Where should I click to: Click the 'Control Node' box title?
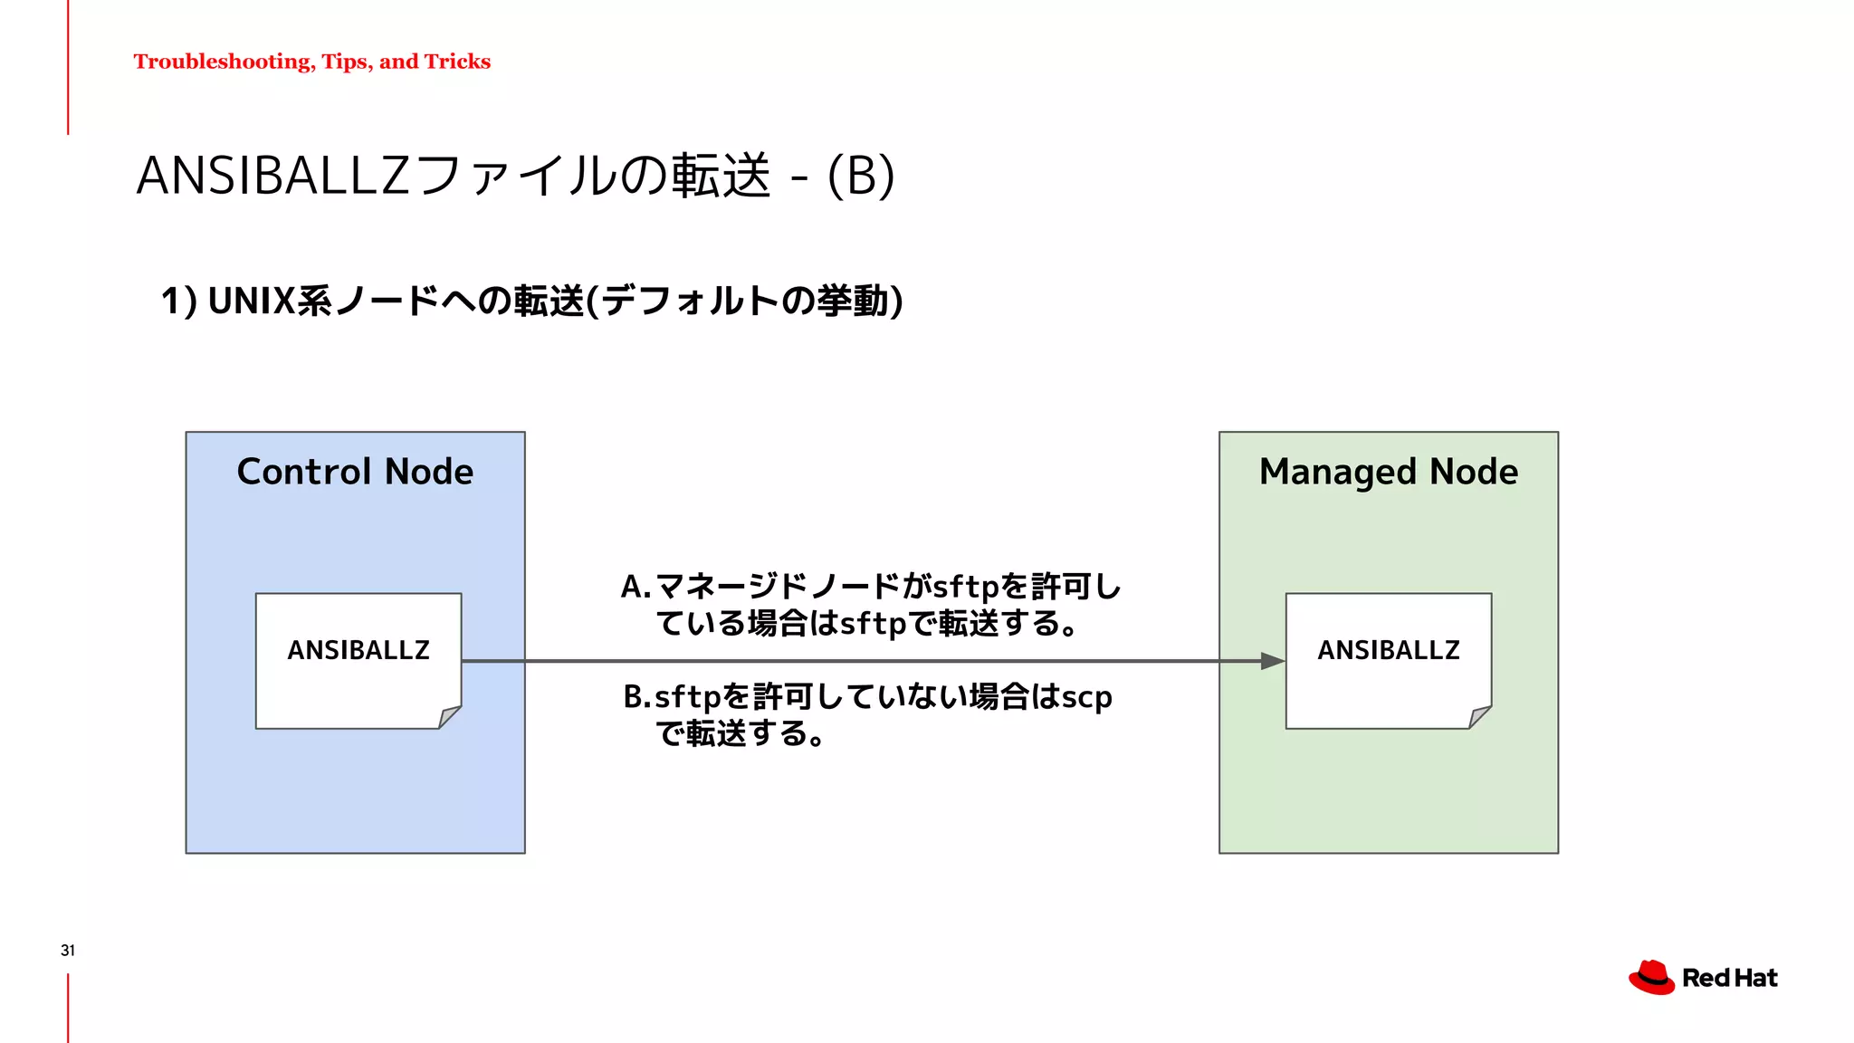(x=355, y=472)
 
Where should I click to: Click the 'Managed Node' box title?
(x=1388, y=472)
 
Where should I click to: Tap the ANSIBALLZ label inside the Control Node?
(x=358, y=650)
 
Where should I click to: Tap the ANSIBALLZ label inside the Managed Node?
(x=1388, y=650)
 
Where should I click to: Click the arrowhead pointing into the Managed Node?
(x=1273, y=662)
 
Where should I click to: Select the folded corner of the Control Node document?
(x=449, y=717)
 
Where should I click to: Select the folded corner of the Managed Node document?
(x=1479, y=717)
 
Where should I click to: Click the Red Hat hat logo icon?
(x=1651, y=978)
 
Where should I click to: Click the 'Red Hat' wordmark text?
(x=1729, y=978)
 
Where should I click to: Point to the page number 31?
(x=68, y=950)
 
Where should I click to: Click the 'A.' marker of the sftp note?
(x=636, y=588)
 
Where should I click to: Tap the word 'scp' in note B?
(x=1086, y=697)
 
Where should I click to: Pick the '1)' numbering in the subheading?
(x=178, y=301)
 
